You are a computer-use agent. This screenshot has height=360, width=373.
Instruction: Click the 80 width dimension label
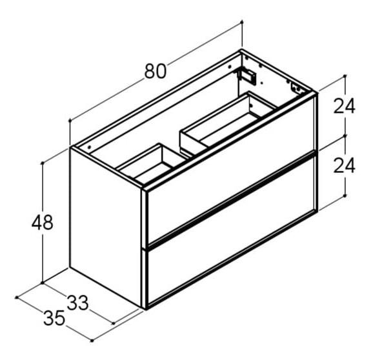pos(155,70)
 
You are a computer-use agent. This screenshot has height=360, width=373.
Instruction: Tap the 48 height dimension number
pos(42,223)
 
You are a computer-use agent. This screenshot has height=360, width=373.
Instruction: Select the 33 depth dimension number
pos(77,302)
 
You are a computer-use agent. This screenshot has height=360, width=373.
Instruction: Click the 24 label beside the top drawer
pos(344,106)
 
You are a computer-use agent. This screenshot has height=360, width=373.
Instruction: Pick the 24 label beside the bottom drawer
pos(344,166)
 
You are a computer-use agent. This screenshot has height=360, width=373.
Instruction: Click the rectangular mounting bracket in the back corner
pos(248,75)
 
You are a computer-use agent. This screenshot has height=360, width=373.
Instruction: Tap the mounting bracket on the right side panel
pos(297,88)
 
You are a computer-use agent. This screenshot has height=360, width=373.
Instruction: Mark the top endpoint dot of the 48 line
pos(43,163)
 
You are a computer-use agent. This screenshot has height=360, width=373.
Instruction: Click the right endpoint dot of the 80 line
pos(241,21)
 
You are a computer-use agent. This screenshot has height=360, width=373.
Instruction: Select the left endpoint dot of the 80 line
pos(68,121)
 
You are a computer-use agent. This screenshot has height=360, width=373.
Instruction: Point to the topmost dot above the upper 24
pos(345,76)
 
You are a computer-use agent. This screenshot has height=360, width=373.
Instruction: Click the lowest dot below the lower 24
pos(345,195)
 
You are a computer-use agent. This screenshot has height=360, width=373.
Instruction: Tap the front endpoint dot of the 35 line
pos(92,340)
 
